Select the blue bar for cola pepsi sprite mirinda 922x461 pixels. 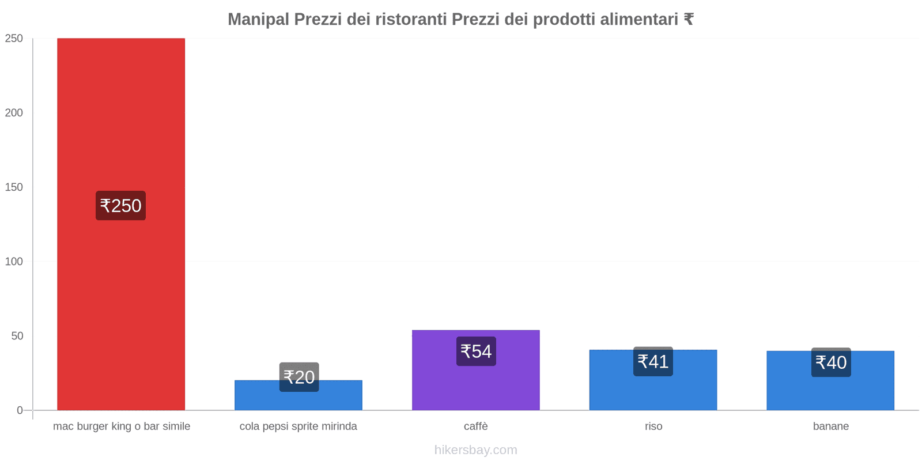coord(298,400)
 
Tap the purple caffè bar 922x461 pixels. coord(475,386)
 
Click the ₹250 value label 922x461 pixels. coord(120,206)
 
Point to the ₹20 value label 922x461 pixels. coord(299,377)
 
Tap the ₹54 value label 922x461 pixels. coord(476,351)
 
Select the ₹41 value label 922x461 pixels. coord(653,361)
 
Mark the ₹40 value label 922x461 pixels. coord(831,362)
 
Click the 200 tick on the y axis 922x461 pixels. coord(14,113)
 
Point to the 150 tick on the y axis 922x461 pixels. coord(14,187)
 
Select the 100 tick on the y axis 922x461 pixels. coord(14,262)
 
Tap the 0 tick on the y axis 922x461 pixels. coord(20,410)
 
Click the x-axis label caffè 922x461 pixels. coord(475,426)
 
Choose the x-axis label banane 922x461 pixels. coord(830,426)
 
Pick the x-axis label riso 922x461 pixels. coord(653,426)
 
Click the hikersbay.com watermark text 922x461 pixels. coord(475,450)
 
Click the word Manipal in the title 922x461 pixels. coord(258,20)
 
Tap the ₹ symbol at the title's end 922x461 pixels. coord(688,20)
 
